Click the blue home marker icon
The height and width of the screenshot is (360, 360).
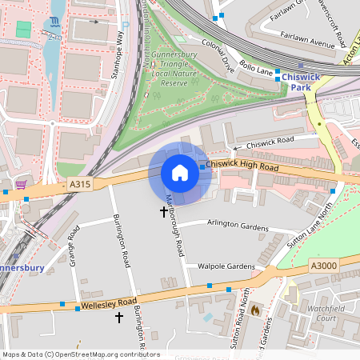(180, 173)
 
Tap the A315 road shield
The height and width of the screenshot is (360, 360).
(80, 184)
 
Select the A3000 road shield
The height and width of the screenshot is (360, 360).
(324, 266)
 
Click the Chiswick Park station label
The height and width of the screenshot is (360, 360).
(300, 82)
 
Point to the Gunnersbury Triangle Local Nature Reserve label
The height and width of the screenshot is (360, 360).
(169, 68)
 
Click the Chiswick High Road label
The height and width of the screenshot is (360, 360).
(242, 166)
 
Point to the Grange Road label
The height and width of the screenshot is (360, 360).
(75, 243)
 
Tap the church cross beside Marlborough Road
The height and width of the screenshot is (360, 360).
(164, 212)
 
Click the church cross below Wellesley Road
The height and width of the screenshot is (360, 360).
(120, 318)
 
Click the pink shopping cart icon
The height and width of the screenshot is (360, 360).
(21, 184)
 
